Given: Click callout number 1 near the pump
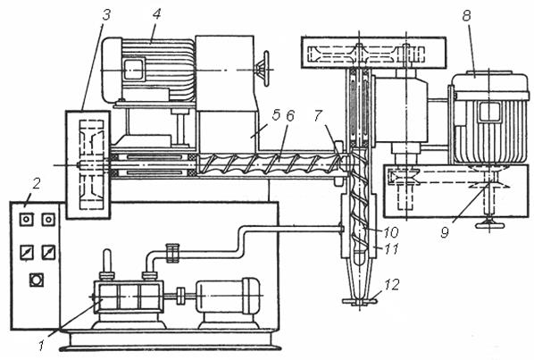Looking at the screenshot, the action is (x=41, y=346).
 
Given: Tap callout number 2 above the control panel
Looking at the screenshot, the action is (x=36, y=184).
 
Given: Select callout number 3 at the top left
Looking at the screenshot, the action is (x=106, y=15).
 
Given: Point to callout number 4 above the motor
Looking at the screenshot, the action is (x=156, y=15).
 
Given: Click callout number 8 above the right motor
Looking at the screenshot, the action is (x=466, y=16).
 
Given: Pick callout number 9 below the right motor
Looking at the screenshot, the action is (x=445, y=232).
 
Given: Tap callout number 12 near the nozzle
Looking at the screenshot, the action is (x=391, y=284).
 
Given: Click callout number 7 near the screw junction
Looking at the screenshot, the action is (x=318, y=115).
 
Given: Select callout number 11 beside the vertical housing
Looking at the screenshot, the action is (x=391, y=249).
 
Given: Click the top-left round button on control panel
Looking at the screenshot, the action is (x=27, y=220).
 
